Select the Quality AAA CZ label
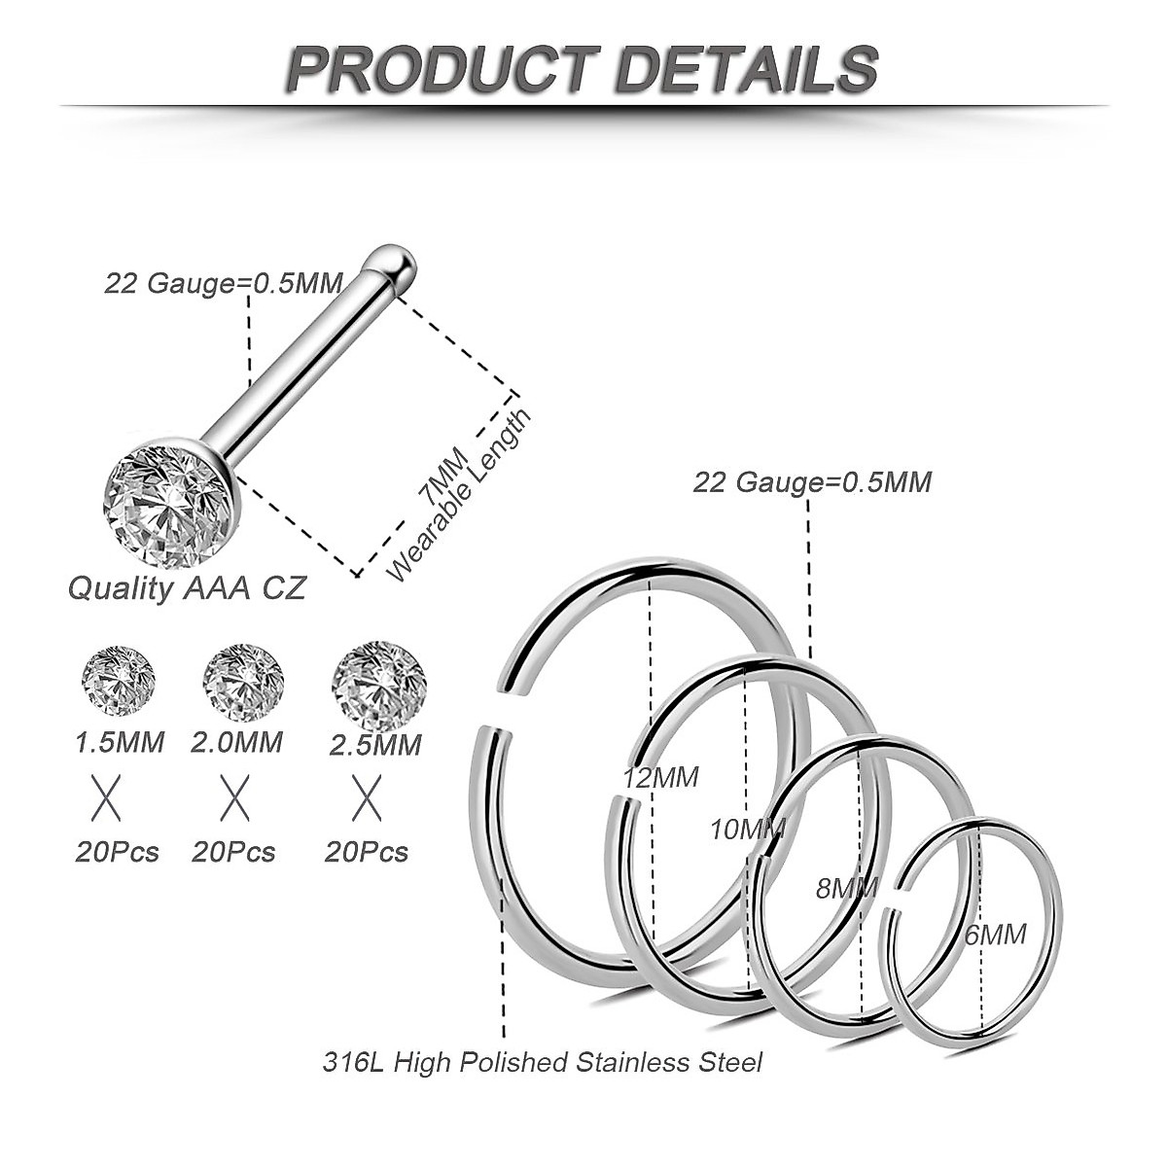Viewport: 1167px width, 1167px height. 186,588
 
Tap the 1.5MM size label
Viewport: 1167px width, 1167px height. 120,742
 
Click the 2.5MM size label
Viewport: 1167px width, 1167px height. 375,744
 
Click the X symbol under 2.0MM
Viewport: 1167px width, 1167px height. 234,798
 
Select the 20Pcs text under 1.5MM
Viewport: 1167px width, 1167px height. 117,852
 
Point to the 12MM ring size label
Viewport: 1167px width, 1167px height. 660,777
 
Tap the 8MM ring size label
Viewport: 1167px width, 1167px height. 846,887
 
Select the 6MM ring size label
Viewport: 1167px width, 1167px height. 995,935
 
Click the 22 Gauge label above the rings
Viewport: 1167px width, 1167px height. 812,481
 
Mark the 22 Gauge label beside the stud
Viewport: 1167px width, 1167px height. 224,283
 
